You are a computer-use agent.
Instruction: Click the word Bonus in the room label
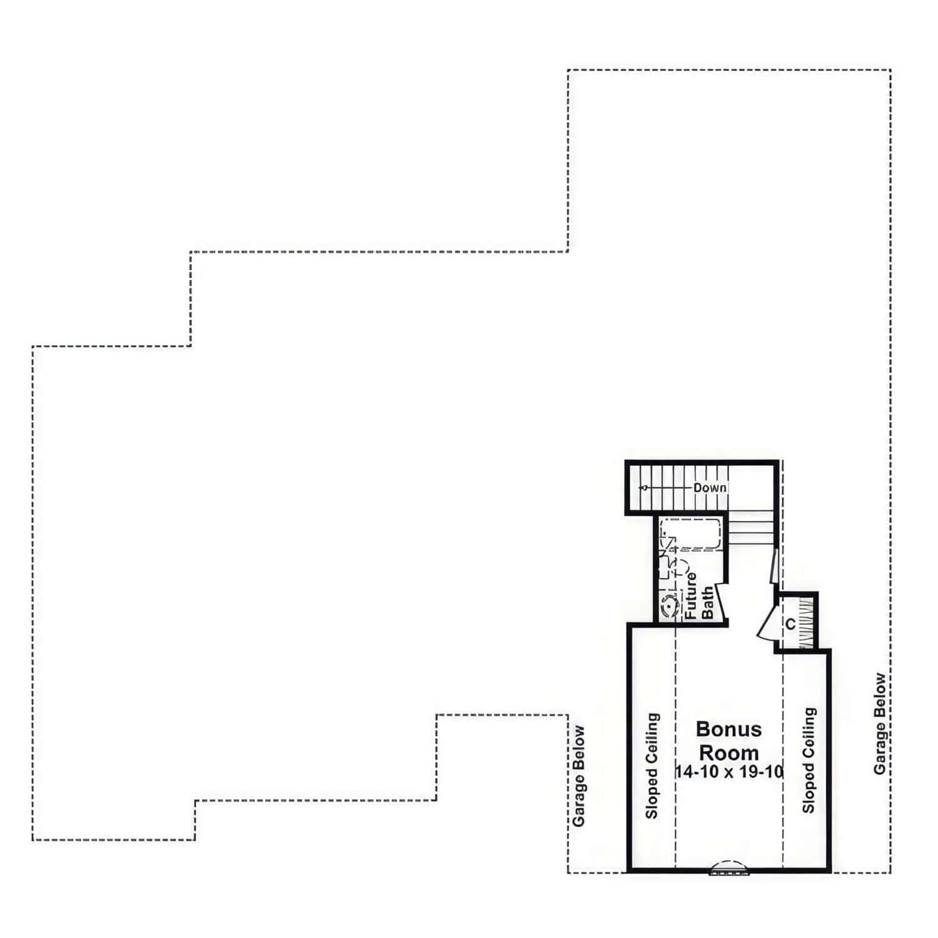729,729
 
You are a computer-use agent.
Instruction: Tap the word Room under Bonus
729,752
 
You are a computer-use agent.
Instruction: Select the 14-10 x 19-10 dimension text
729,772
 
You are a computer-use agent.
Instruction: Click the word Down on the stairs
710,488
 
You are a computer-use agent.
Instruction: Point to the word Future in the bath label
690,596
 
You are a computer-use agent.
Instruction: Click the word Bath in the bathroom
707,603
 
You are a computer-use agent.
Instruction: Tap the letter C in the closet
790,623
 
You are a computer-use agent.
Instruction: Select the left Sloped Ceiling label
652,766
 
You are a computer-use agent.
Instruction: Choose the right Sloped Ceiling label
809,760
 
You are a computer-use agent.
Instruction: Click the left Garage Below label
579,775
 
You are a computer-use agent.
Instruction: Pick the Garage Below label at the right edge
880,724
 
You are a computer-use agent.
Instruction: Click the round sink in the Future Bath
669,606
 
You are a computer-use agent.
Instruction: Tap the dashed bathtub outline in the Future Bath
691,534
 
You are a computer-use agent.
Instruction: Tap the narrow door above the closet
774,566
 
